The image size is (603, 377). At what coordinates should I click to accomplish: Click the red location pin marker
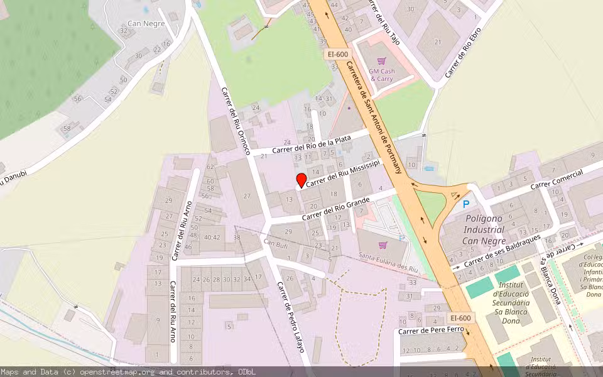(301, 180)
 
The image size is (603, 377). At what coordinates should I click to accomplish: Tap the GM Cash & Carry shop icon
(382, 61)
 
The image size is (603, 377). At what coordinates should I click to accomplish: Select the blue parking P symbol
(465, 204)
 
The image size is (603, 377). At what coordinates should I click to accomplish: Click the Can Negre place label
(146, 24)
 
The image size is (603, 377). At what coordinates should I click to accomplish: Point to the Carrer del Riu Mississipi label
(344, 172)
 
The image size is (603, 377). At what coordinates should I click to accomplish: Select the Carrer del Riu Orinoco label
(236, 121)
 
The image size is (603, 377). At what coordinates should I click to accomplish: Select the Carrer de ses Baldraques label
(502, 254)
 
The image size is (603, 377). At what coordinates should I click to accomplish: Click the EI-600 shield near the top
(337, 54)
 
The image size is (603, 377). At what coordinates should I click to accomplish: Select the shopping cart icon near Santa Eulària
(383, 244)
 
